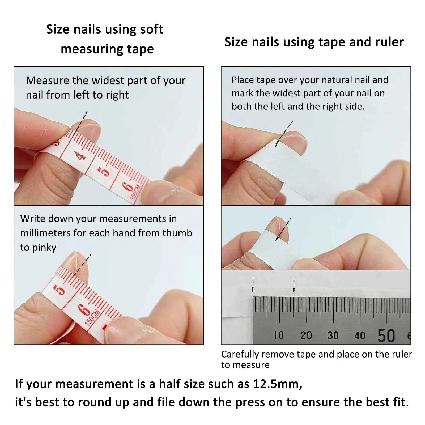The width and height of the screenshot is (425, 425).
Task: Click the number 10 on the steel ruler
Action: [x=279, y=335]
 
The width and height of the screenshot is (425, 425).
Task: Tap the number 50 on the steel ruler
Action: [x=386, y=335]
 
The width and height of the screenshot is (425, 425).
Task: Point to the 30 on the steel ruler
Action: [x=333, y=335]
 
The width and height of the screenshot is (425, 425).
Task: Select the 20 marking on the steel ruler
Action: [x=306, y=335]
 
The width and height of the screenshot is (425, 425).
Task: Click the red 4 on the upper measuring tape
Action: [x=81, y=156]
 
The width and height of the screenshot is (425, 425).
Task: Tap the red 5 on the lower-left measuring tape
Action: [x=60, y=290]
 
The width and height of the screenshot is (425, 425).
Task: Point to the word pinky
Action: [x=44, y=248]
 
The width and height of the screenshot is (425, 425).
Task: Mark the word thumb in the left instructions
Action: [x=177, y=233]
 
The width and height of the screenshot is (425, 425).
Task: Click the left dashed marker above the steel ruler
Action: [x=253, y=287]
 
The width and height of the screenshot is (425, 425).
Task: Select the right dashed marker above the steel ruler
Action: [x=294, y=287]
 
